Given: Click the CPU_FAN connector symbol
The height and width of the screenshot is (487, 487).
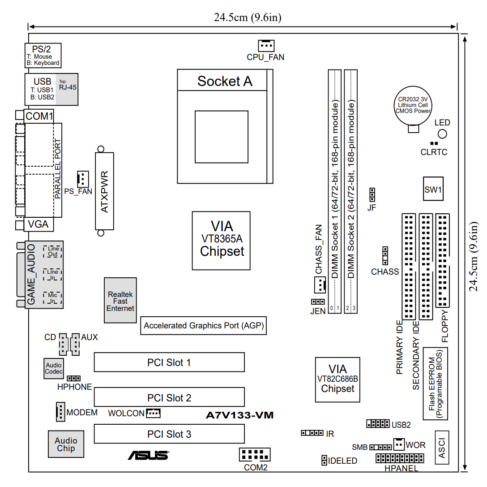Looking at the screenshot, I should pyautogui.click(x=266, y=45).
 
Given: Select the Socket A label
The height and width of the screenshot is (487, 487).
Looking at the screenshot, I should pyautogui.click(x=225, y=81).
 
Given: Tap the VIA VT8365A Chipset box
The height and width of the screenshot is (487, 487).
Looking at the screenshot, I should pyautogui.click(x=221, y=241).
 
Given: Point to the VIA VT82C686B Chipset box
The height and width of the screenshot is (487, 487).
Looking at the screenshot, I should pyautogui.click(x=337, y=379).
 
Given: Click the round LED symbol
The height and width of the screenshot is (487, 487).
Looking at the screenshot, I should pyautogui.click(x=443, y=134).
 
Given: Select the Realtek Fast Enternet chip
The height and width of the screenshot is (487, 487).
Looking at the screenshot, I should pyautogui.click(x=120, y=300).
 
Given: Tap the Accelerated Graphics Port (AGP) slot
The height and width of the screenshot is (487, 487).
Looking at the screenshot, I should pyautogui.click(x=204, y=326).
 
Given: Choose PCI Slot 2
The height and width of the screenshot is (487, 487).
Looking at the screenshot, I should pyautogui.click(x=169, y=398).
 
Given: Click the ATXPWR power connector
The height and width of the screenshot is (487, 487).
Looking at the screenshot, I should pyautogui.click(x=104, y=191).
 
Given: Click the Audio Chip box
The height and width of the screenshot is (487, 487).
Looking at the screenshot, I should pyautogui.click(x=66, y=444).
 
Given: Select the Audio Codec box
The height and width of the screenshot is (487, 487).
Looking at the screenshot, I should pyautogui.click(x=54, y=368).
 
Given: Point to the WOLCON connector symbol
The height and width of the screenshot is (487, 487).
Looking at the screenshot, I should pyautogui.click(x=153, y=413).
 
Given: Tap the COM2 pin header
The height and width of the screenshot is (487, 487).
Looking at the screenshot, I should pyautogui.click(x=255, y=455).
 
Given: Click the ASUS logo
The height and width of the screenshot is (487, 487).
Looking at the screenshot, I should pyautogui.click(x=148, y=455).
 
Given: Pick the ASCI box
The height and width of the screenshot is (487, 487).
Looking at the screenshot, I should pyautogui.click(x=442, y=447).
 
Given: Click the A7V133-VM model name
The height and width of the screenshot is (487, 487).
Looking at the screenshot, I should pyautogui.click(x=239, y=415).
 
